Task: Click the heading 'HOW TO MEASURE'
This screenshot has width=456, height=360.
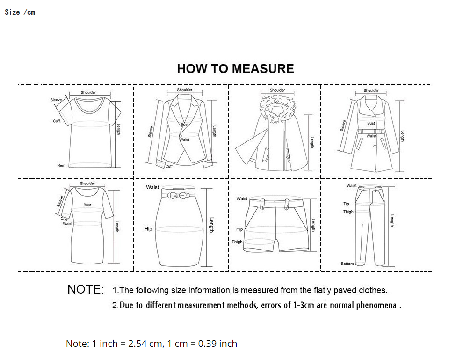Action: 236,69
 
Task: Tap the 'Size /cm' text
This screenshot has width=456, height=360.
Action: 20,12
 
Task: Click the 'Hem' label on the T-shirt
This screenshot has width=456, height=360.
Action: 61,166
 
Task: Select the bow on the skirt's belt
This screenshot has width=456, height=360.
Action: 178,195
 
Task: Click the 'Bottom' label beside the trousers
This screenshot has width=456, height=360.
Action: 347,264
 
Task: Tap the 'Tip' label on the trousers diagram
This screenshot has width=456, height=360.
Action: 346,204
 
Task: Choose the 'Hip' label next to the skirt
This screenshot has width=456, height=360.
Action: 148,229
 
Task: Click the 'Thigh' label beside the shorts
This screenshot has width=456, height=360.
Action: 237,242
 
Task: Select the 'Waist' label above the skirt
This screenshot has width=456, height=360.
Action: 152,187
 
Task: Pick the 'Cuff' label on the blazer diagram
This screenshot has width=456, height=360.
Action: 169,167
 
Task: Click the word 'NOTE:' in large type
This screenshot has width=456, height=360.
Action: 86,289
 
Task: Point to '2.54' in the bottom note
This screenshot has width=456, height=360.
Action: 137,344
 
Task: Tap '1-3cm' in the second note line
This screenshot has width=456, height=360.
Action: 304,305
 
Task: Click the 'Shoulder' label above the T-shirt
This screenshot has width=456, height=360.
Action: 88,93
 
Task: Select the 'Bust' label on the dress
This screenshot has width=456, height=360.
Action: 87,205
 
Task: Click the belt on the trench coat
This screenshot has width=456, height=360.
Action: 371,131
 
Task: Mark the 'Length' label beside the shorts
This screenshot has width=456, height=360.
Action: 313,225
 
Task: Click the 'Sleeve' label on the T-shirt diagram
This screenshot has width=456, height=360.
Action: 56,100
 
